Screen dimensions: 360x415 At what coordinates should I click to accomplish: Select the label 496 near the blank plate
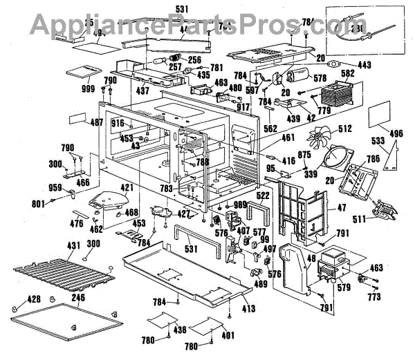click(x=396, y=135)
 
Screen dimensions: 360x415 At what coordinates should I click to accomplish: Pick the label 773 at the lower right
click(x=374, y=297)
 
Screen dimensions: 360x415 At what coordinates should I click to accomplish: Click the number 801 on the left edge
click(x=38, y=203)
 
